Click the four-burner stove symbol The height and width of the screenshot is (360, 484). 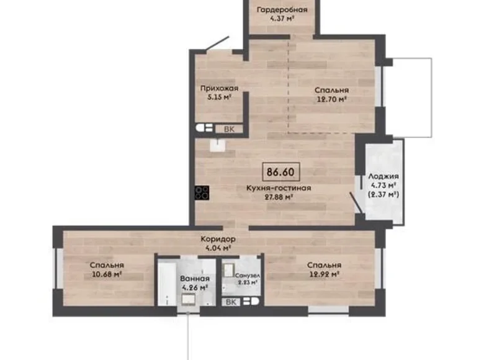tap(202, 193)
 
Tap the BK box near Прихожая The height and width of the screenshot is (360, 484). tap(229, 128)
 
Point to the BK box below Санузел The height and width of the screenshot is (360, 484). tap(231, 302)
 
